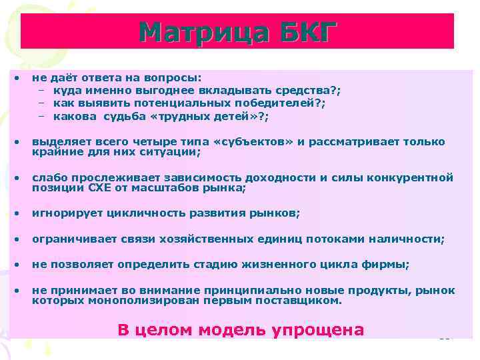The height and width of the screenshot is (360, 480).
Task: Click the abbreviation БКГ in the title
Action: click(304, 33)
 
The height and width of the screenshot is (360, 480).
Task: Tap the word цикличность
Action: click(133, 213)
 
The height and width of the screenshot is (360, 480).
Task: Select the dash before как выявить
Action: click(41, 103)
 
